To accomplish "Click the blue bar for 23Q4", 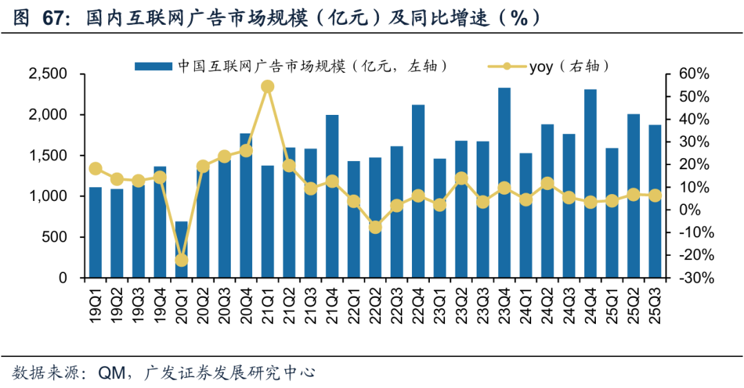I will click(x=505, y=183).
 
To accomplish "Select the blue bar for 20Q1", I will click(x=181, y=249).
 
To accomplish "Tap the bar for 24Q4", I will click(x=590, y=184).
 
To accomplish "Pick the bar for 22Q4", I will click(x=418, y=191).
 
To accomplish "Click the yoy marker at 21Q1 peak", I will click(x=268, y=87).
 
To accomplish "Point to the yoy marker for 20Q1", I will click(x=181, y=260).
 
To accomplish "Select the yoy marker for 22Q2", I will click(x=375, y=226).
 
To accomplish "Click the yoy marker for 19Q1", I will click(x=96, y=169).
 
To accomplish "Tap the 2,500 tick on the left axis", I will click(x=48, y=74).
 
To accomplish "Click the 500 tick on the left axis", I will click(x=57, y=237).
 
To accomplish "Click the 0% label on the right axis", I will click(x=690, y=210).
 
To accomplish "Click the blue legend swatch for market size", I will click(x=152, y=66).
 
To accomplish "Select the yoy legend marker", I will click(x=506, y=66).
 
